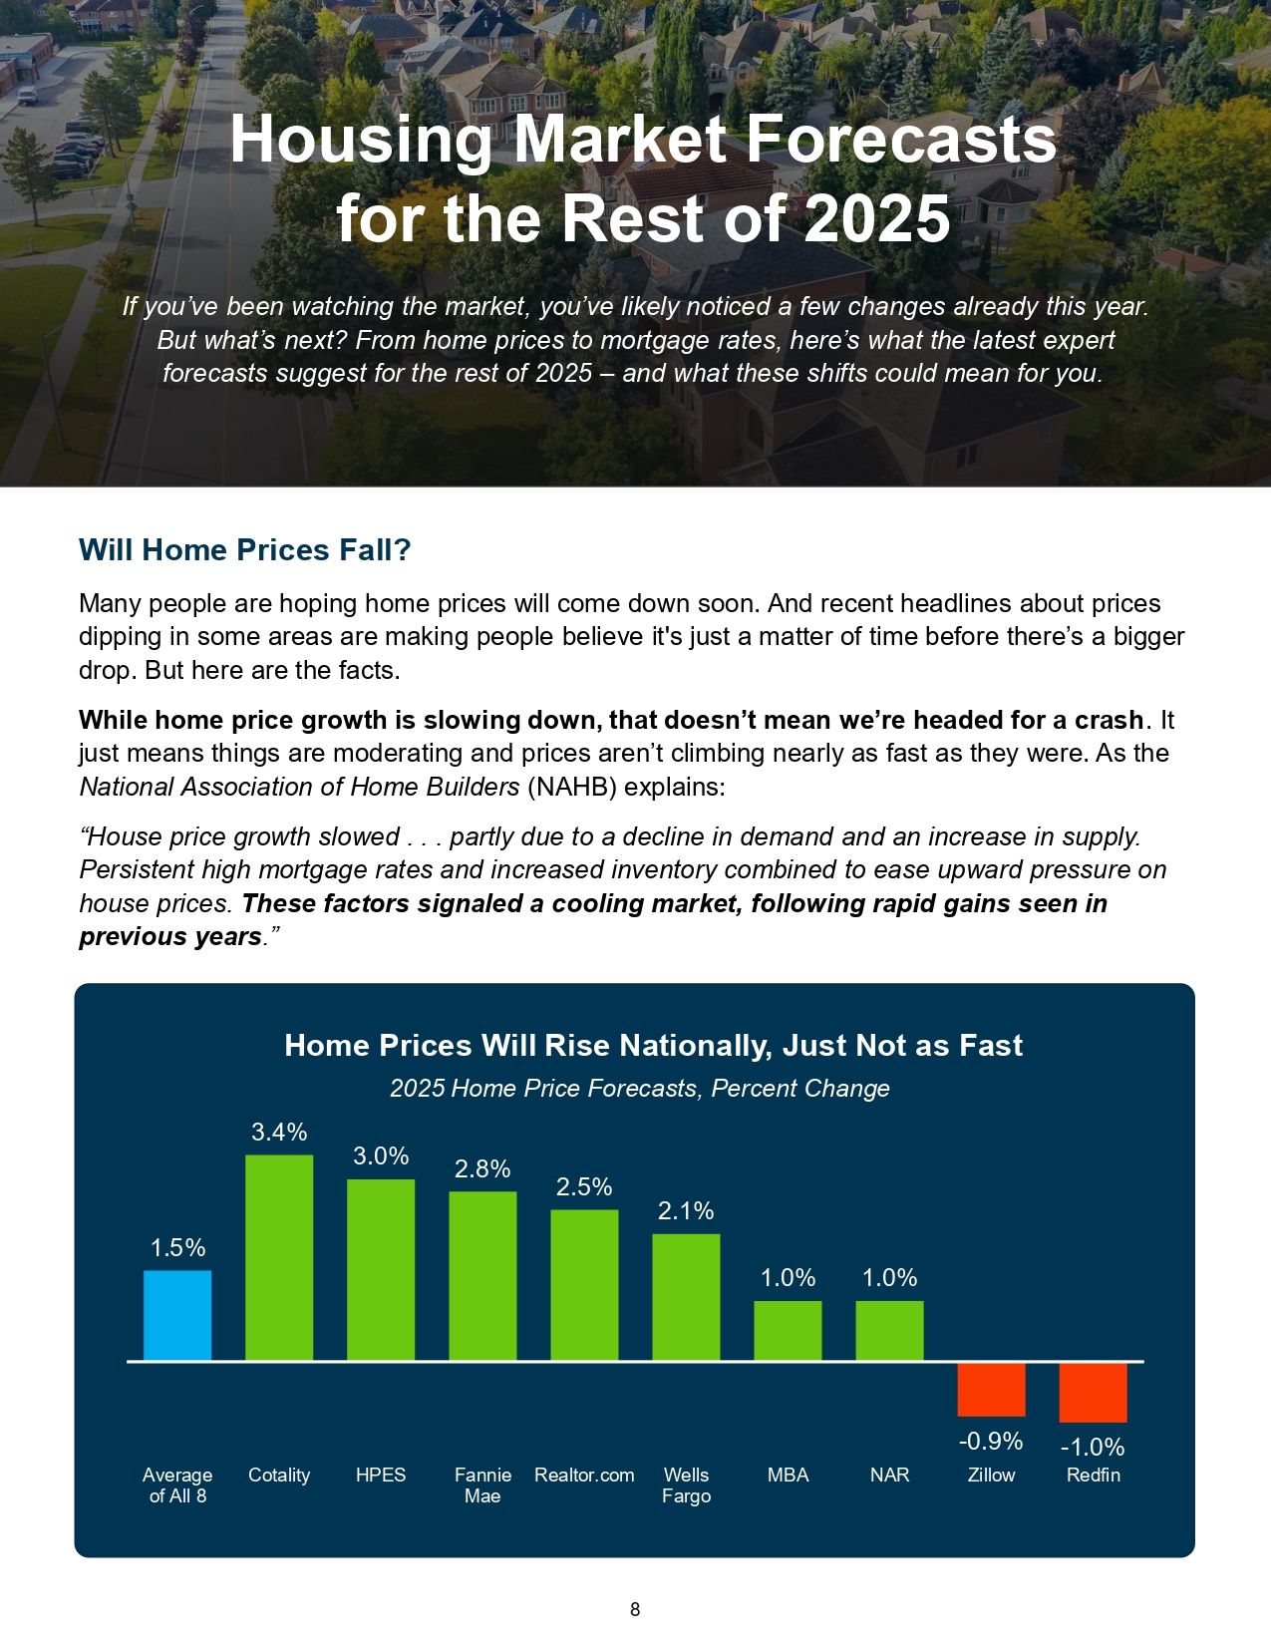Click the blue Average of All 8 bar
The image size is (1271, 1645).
[x=177, y=1315]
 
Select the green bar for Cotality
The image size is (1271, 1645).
[x=279, y=1257]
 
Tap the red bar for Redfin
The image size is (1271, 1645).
[x=1093, y=1392]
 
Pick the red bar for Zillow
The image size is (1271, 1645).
[x=991, y=1389]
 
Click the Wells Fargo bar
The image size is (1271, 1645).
[x=686, y=1297]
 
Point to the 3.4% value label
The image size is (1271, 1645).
[x=279, y=1132]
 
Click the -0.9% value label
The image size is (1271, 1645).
[x=991, y=1441]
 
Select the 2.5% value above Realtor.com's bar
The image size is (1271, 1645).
[x=584, y=1186]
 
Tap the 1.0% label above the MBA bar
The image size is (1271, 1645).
[x=788, y=1277]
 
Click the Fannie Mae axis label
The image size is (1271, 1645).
[x=482, y=1485]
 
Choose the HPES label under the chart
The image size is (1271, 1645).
[x=381, y=1475]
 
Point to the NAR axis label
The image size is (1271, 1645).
[x=889, y=1475]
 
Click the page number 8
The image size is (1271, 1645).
[x=635, y=1609]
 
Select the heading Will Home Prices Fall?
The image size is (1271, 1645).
[x=244, y=550]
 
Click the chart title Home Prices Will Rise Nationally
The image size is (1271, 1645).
[x=653, y=1045]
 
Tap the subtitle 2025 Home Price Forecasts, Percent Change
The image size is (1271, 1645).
[x=639, y=1088]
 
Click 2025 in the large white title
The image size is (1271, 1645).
[x=876, y=218]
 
